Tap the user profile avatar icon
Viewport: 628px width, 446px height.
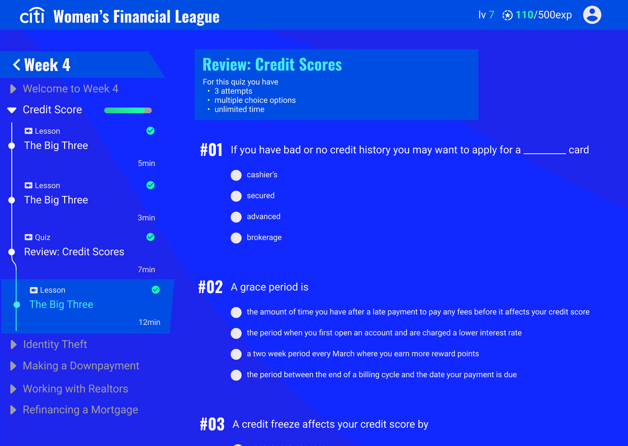tap(592, 15)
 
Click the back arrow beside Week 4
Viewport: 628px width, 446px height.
tap(17, 64)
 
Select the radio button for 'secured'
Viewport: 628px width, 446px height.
tap(236, 196)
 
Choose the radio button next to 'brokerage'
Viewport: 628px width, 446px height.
tap(236, 238)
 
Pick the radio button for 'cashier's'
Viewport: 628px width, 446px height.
tap(236, 175)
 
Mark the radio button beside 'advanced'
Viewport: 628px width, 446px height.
tap(236, 217)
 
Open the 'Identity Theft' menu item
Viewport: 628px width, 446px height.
tap(55, 345)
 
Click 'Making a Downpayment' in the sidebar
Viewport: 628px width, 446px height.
tap(81, 366)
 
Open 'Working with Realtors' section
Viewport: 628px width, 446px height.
tap(75, 389)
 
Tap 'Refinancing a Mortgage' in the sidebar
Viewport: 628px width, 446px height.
tap(80, 410)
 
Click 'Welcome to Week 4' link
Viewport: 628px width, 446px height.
tap(70, 89)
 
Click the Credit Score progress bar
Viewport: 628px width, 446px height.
tap(128, 110)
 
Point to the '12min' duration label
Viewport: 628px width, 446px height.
tap(150, 322)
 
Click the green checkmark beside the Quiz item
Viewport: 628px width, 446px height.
tap(150, 237)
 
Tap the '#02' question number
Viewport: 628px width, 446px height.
tap(210, 287)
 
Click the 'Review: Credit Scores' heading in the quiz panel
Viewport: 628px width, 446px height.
tap(272, 64)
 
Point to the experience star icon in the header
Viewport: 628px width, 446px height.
tap(508, 15)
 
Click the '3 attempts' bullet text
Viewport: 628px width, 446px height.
tap(233, 91)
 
